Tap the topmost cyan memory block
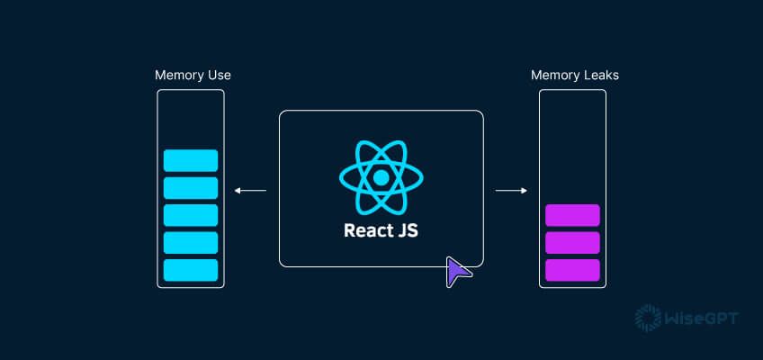pos(191,160)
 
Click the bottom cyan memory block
pos(191,269)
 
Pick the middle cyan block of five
pos(191,215)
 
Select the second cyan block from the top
pos(191,187)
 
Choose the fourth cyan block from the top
pos(191,242)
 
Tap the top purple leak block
pos(572,215)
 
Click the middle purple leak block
pos(572,242)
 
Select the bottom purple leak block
pos(572,269)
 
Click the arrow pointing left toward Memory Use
pos(250,190)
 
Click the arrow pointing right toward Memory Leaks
pos(511,190)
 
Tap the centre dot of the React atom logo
pos(381,177)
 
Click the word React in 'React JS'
pos(366,230)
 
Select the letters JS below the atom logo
pos(408,230)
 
